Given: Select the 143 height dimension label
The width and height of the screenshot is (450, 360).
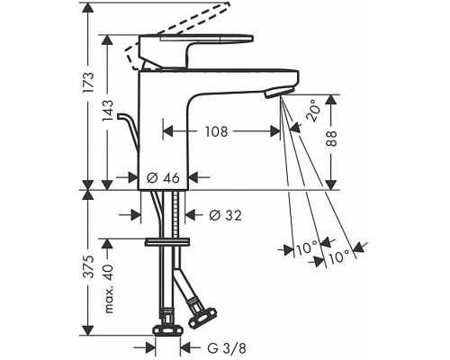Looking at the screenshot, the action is click(x=108, y=111).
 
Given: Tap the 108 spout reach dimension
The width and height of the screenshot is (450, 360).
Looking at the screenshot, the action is click(x=216, y=131).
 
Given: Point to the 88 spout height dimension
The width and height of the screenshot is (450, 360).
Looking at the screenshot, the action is click(x=331, y=139).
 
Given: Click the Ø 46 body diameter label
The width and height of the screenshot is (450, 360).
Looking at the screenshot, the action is click(x=163, y=178).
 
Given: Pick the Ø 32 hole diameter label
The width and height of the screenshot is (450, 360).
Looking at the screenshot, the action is click(x=225, y=215).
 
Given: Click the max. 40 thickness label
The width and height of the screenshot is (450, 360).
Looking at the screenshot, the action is click(x=109, y=289).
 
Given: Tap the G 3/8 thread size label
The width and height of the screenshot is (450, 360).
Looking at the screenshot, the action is click(x=227, y=348).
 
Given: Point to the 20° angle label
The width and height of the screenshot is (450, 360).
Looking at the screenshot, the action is click(x=312, y=111).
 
